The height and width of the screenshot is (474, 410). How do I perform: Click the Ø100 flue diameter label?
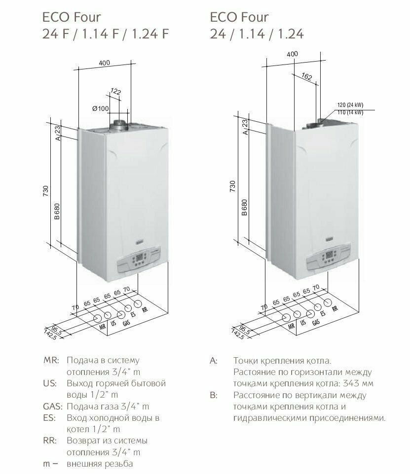(100, 108)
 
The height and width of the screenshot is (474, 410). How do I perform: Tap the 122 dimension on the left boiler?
(115, 91)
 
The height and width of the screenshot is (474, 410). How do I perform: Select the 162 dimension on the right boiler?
(306, 76)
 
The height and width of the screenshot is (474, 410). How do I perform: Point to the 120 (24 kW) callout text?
(350, 105)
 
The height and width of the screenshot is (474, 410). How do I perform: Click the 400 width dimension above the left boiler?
(104, 63)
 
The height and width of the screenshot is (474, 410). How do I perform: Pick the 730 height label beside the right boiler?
(232, 186)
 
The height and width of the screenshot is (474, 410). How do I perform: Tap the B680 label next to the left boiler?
(57, 211)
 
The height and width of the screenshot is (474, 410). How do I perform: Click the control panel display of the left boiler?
(140, 258)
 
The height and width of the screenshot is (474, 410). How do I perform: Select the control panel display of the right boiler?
(329, 254)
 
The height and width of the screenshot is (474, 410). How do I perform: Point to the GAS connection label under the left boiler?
(126, 323)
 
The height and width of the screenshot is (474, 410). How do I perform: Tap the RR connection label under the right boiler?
(335, 308)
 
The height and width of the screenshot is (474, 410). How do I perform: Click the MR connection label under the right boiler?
(291, 326)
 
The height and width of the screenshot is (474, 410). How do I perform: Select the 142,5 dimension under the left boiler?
(50, 335)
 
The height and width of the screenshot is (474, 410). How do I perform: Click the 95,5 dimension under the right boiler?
(245, 330)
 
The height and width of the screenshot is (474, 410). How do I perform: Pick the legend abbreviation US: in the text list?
(50, 383)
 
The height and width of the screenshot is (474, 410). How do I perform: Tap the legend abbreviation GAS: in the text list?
(53, 406)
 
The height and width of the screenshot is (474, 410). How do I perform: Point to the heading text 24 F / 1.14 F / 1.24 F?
(106, 34)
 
